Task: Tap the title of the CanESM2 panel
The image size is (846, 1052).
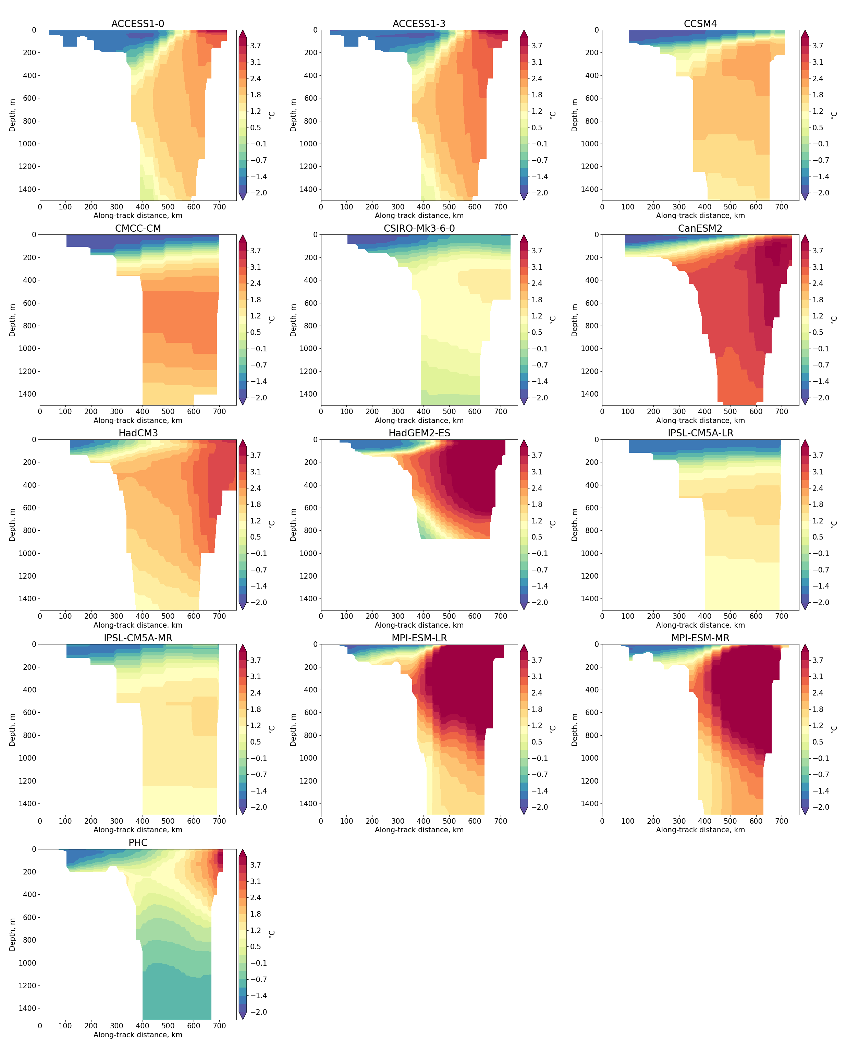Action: coord(700,228)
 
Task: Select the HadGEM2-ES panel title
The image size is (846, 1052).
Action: coord(419,433)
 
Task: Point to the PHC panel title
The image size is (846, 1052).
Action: coord(138,843)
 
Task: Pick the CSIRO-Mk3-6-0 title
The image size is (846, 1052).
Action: coord(419,228)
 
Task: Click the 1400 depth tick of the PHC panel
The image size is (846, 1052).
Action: coord(27,1008)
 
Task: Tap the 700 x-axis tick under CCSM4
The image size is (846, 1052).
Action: coord(782,207)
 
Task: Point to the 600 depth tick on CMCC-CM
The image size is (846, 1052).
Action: coord(30,303)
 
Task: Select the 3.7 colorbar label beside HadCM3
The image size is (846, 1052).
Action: coord(256,455)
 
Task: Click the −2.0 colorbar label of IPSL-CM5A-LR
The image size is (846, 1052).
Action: coord(818,602)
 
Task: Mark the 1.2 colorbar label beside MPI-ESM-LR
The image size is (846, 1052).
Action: coord(537,726)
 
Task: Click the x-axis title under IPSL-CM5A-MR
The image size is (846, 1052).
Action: coord(138,830)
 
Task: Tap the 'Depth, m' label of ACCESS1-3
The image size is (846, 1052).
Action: coord(293,115)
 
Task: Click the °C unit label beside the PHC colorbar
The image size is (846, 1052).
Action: coord(272,933)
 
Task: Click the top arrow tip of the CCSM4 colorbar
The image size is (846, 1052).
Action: coord(805,31)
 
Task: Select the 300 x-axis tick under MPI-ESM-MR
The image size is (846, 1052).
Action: coord(679,821)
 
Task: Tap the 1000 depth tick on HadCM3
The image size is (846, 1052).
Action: coord(27,553)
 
